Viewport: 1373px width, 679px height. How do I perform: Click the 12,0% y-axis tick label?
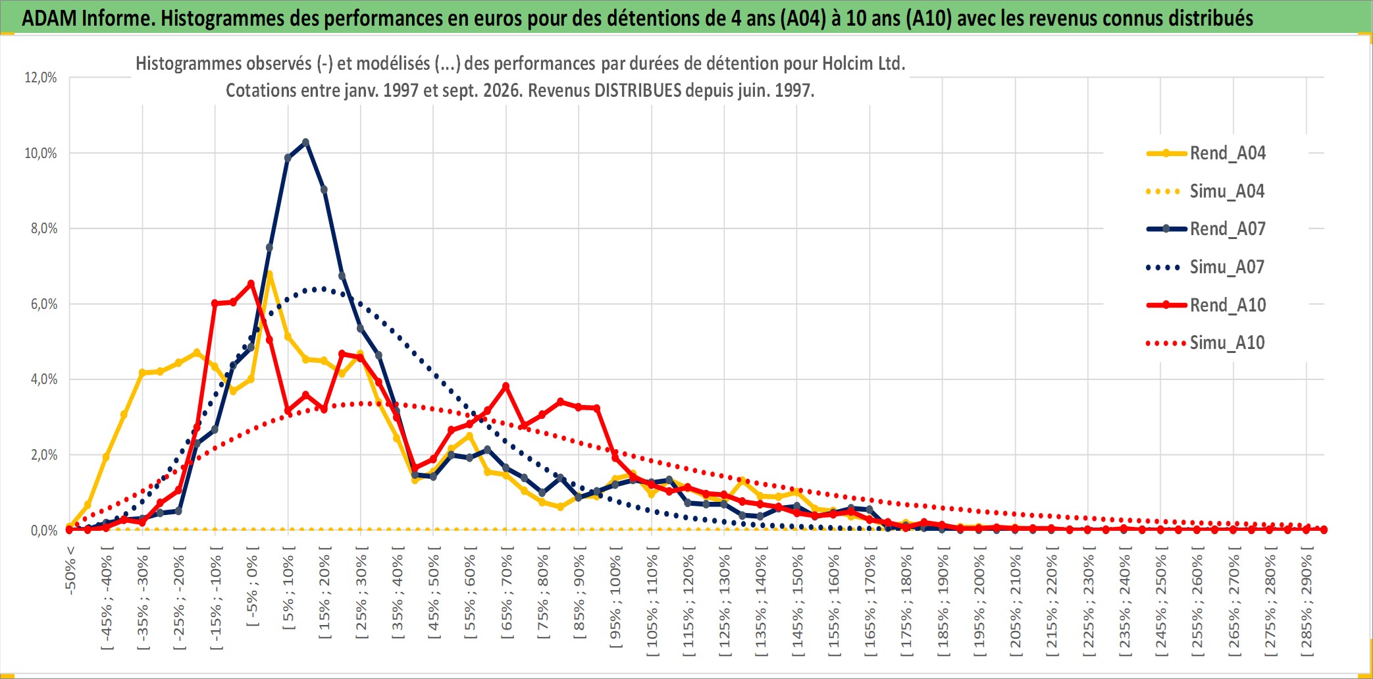click(x=41, y=78)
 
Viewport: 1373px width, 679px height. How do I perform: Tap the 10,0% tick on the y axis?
click(x=41, y=153)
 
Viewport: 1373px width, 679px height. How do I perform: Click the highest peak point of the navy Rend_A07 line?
click(x=305, y=142)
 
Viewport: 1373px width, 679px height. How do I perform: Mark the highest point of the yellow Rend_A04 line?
click(x=269, y=274)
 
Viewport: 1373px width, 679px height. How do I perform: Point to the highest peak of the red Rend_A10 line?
click(x=251, y=284)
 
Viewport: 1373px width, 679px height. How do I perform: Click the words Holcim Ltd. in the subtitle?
click(x=864, y=64)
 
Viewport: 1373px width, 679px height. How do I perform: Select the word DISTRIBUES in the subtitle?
click(x=638, y=90)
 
